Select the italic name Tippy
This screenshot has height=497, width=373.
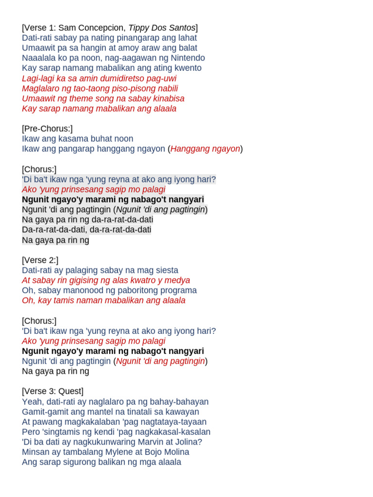(x=138, y=28)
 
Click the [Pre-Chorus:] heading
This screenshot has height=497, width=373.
(x=47, y=129)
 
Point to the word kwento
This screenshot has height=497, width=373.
(x=187, y=68)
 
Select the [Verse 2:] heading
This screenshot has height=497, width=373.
(x=40, y=260)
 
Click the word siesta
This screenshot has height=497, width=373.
(x=167, y=270)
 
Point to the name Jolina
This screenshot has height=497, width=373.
(x=189, y=442)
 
